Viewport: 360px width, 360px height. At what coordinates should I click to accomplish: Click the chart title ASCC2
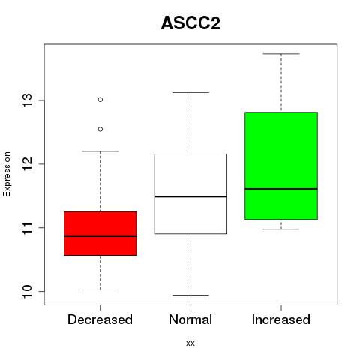point(190,23)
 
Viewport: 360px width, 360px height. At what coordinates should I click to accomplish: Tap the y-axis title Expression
point(7,175)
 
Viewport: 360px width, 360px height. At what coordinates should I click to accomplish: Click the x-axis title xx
point(190,343)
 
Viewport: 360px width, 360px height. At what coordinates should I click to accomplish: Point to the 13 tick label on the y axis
point(28,100)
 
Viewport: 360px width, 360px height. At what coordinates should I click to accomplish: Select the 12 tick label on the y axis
point(28,163)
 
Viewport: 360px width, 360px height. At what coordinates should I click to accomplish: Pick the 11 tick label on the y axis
point(28,227)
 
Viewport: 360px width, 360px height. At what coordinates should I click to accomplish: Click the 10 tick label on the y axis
point(28,291)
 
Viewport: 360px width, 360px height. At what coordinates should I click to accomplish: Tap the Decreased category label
point(100,319)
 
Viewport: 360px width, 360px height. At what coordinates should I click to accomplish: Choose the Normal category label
point(190,319)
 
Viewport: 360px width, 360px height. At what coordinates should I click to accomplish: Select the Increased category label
point(281,319)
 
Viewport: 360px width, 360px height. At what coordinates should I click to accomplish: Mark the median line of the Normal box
point(190,196)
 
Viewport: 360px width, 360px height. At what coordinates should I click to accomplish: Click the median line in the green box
point(281,189)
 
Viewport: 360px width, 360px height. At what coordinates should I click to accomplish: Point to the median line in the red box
point(100,235)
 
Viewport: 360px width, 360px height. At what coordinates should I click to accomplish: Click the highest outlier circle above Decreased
point(100,100)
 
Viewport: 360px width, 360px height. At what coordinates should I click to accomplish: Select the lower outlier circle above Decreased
point(100,129)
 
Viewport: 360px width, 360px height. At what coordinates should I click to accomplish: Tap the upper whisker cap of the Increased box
point(281,54)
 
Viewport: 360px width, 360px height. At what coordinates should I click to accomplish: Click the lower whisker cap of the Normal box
point(190,295)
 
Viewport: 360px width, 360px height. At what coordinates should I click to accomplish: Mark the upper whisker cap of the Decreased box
point(100,151)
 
